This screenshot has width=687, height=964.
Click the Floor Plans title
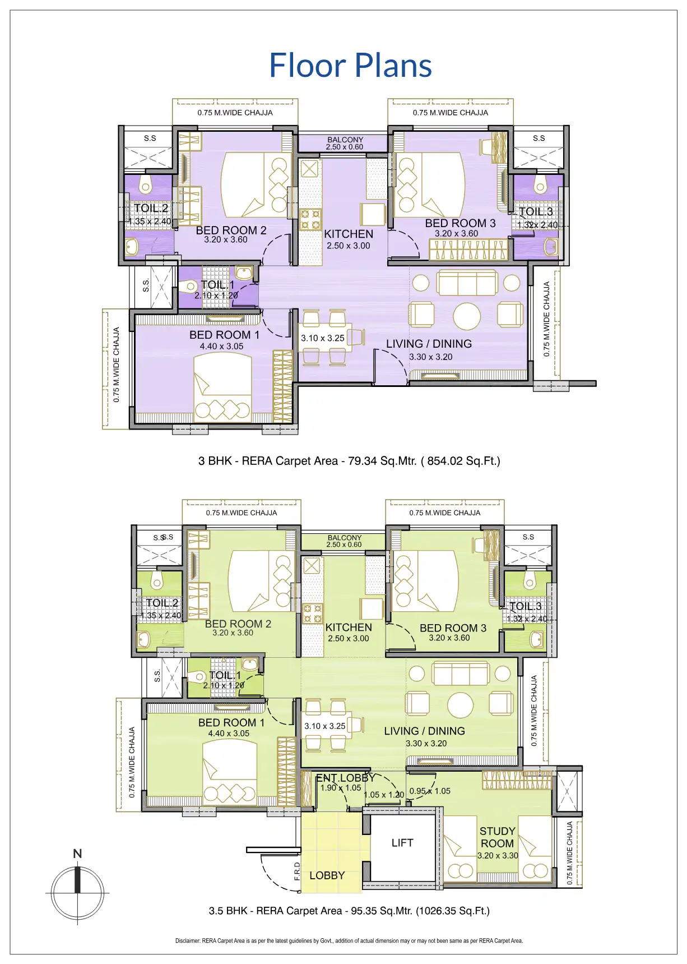point(350,65)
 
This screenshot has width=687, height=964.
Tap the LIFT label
point(402,842)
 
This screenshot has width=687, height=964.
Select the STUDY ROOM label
point(497,837)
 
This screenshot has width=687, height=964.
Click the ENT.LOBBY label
point(345,778)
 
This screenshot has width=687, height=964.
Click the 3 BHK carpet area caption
point(349,461)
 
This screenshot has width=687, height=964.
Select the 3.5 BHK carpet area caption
point(349,911)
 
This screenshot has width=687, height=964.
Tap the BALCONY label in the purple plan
point(345,140)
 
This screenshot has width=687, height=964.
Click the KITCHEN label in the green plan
point(349,628)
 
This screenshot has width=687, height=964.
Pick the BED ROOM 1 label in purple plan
point(224,335)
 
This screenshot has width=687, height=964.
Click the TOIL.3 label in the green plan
point(526,606)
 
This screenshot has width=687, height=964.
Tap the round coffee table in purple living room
point(467,316)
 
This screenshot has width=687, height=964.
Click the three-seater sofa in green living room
point(460,673)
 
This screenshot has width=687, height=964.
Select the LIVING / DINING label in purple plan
point(429,344)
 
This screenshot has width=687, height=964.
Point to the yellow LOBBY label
point(327,875)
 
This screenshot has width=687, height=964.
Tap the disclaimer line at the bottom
point(349,940)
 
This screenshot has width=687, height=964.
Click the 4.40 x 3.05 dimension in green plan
point(229,733)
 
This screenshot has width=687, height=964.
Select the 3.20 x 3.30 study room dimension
point(498,856)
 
